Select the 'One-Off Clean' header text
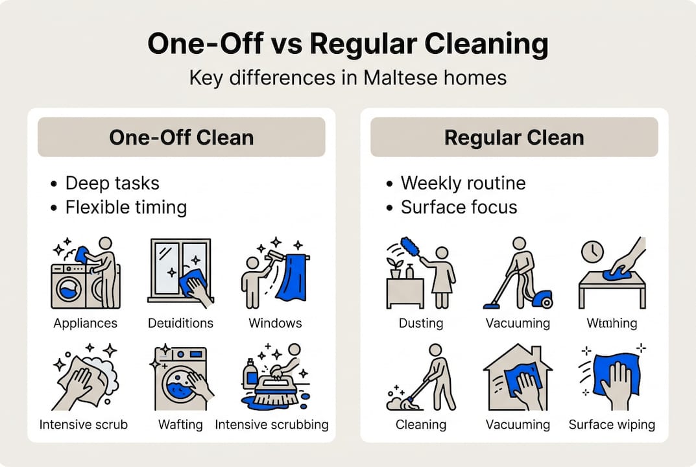pyautogui.click(x=181, y=138)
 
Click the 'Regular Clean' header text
pyautogui.click(x=514, y=138)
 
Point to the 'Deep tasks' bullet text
pyautogui.click(x=112, y=183)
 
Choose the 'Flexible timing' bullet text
pyautogui.click(x=126, y=208)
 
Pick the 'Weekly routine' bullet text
pyautogui.click(x=462, y=183)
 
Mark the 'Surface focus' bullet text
pyautogui.click(x=459, y=208)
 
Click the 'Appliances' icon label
pyautogui.click(x=85, y=322)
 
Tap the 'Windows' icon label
pyautogui.click(x=275, y=322)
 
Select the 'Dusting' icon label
pyautogui.click(x=421, y=322)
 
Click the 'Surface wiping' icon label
pyautogui.click(x=611, y=425)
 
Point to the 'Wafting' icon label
pyautogui.click(x=180, y=425)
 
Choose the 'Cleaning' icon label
pyautogui.click(x=421, y=425)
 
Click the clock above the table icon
pyautogui.click(x=592, y=252)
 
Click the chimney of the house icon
pyautogui.click(x=536, y=353)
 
